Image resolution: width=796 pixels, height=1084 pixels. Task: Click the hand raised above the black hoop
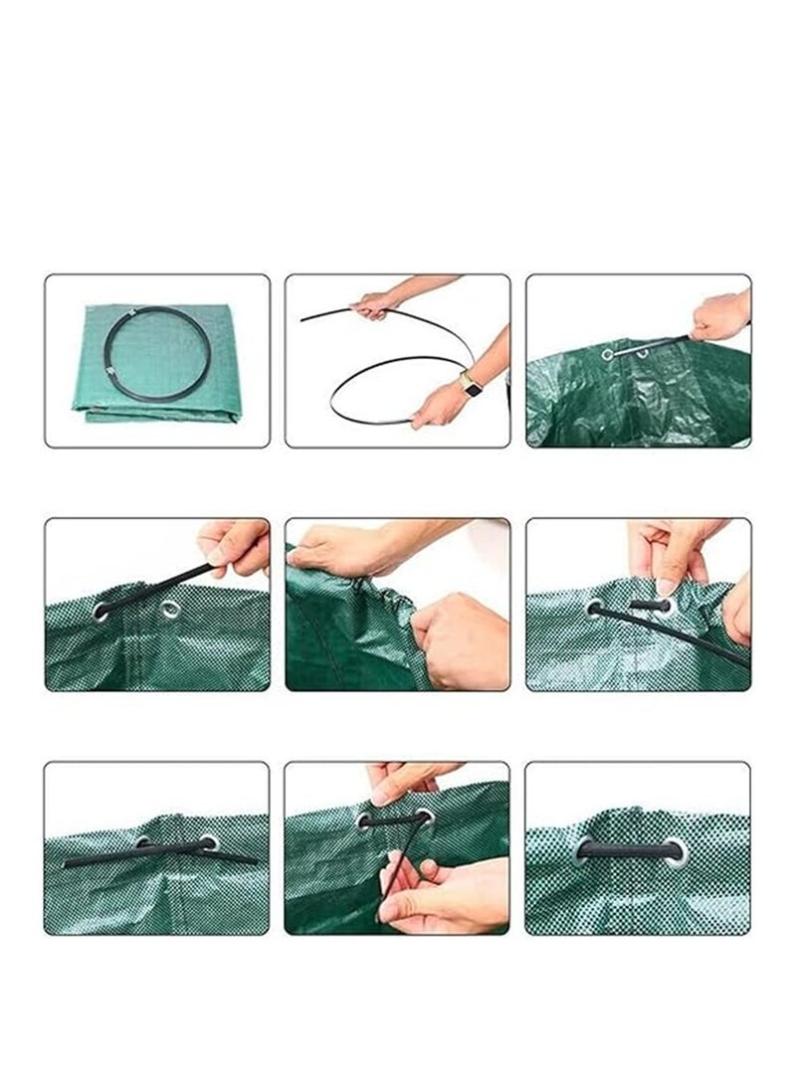[x=376, y=303]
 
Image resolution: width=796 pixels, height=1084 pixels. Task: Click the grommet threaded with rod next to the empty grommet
[x=102, y=610]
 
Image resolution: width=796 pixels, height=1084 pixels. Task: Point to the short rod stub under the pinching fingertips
[x=649, y=605]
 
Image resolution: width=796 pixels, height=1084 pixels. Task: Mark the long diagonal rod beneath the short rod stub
[x=677, y=636]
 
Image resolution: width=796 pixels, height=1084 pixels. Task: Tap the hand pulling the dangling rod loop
[x=438, y=895]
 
